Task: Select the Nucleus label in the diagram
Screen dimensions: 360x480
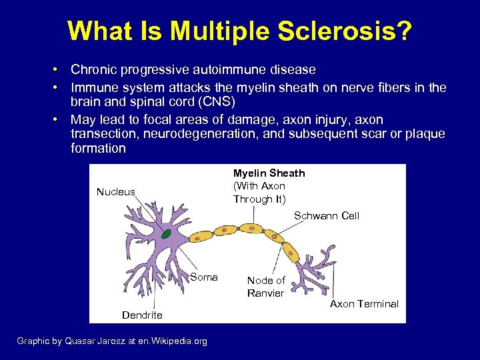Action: [115, 192]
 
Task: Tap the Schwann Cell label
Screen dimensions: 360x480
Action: [327, 215]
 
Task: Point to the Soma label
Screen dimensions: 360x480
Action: [203, 277]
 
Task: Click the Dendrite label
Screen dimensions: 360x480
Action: [142, 315]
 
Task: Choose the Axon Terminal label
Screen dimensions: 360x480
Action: [364, 304]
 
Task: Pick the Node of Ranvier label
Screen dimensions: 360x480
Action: [265, 287]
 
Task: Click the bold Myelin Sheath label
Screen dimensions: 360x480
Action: [269, 173]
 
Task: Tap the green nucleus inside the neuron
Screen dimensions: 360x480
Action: [165, 234]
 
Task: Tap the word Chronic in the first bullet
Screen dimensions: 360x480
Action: [92, 69]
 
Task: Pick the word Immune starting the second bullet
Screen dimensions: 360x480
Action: [93, 88]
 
